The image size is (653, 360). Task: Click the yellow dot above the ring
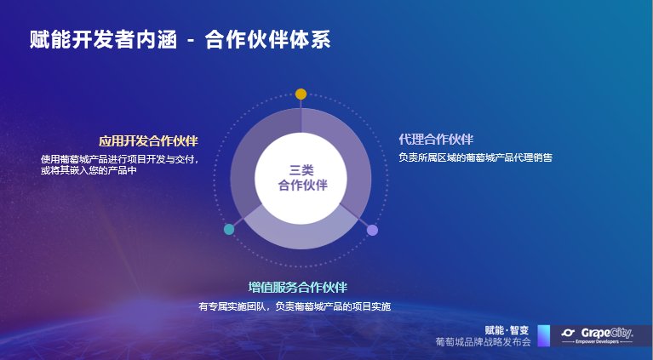(x=301, y=94)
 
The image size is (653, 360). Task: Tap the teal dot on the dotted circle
(x=229, y=229)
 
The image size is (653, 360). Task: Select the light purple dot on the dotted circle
(x=372, y=230)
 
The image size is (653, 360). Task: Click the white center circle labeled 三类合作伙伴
(x=301, y=179)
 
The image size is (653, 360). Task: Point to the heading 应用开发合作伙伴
(x=148, y=141)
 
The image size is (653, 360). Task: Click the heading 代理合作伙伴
(x=436, y=140)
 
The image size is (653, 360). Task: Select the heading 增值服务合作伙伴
(x=298, y=287)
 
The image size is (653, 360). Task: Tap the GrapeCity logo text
(x=607, y=333)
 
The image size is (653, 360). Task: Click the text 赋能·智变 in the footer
(x=507, y=330)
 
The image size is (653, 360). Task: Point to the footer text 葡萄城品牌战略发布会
(x=483, y=341)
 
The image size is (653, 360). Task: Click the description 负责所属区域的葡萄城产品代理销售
(x=475, y=157)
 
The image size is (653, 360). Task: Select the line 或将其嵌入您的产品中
(x=89, y=170)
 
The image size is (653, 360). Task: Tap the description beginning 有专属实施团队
(x=295, y=306)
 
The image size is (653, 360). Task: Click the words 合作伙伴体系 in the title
(x=268, y=40)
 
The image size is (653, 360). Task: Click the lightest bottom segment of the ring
(x=301, y=235)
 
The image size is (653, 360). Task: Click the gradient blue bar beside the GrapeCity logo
(x=544, y=335)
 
